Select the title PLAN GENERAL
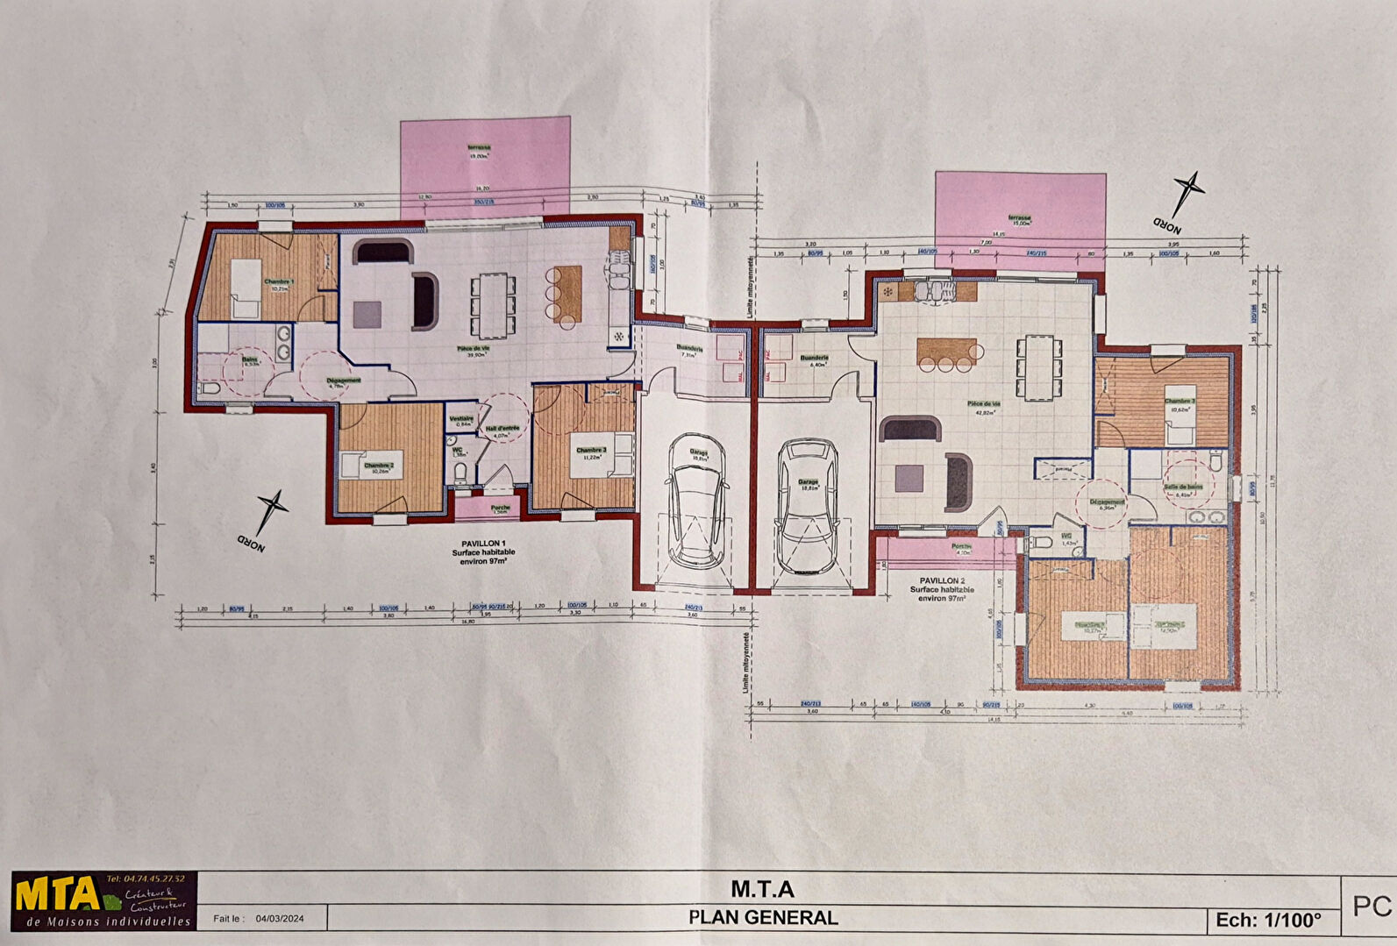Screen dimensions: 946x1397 763,918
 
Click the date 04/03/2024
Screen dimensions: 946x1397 280,919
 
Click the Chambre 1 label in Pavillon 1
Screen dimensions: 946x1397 280,281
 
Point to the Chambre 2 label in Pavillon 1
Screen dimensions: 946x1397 379,466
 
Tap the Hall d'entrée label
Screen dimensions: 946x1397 502,429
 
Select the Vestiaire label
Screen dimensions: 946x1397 461,418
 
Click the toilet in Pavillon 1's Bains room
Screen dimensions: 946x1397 209,388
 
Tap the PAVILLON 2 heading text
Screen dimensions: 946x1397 942,580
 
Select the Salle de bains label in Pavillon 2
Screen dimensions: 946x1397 1183,487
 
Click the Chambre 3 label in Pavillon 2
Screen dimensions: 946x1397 1180,401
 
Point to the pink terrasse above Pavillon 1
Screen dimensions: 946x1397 485,167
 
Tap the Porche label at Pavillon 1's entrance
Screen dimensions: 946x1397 501,507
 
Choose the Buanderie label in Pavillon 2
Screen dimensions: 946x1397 815,358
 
